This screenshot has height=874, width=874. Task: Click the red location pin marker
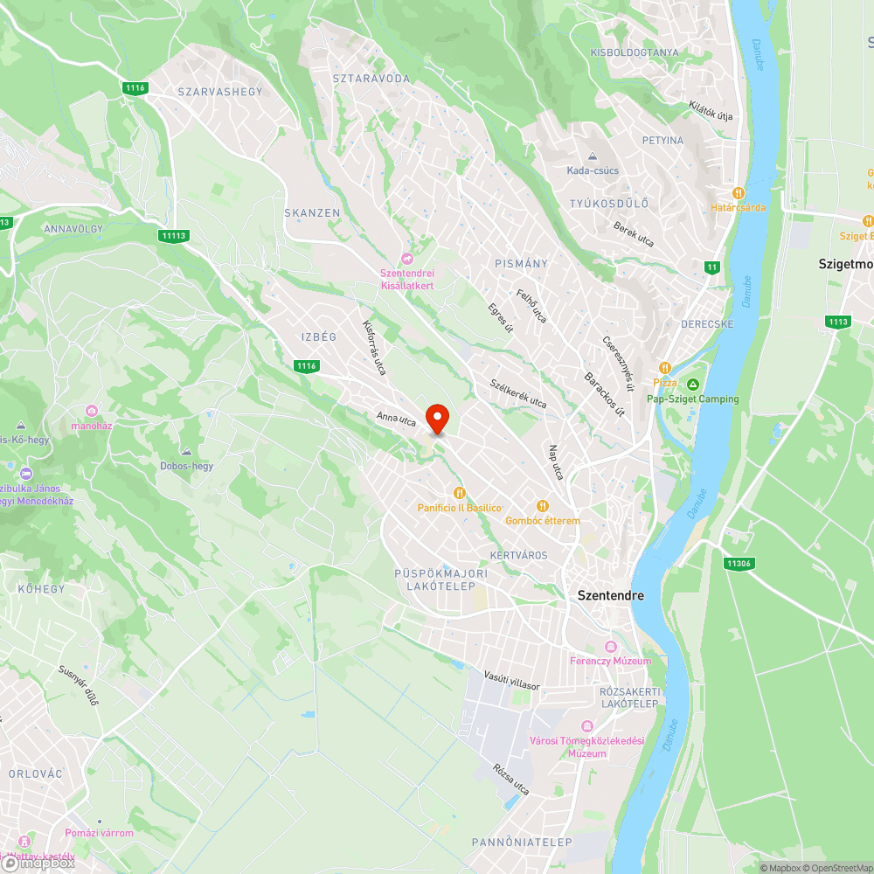(x=436, y=419)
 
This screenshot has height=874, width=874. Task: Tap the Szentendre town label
(x=611, y=595)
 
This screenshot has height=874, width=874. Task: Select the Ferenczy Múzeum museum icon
(x=610, y=648)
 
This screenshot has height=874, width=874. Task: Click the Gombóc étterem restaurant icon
(x=542, y=506)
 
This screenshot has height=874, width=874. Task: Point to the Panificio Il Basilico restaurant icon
(x=459, y=493)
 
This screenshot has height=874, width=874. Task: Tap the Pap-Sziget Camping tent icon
(x=692, y=385)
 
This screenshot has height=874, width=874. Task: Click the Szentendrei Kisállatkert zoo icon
(x=406, y=259)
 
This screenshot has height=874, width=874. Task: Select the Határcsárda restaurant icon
(x=739, y=193)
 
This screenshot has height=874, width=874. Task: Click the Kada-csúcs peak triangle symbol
(x=592, y=156)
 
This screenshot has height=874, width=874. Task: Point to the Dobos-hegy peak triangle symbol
(x=186, y=452)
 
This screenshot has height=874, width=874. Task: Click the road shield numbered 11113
(x=174, y=235)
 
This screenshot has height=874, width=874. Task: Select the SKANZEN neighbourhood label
(x=312, y=213)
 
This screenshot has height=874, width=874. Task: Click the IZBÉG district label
(x=318, y=336)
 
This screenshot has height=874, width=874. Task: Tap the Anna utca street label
(x=396, y=420)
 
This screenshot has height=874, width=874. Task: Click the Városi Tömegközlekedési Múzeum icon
(x=586, y=727)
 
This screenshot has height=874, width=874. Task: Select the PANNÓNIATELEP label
(x=522, y=843)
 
